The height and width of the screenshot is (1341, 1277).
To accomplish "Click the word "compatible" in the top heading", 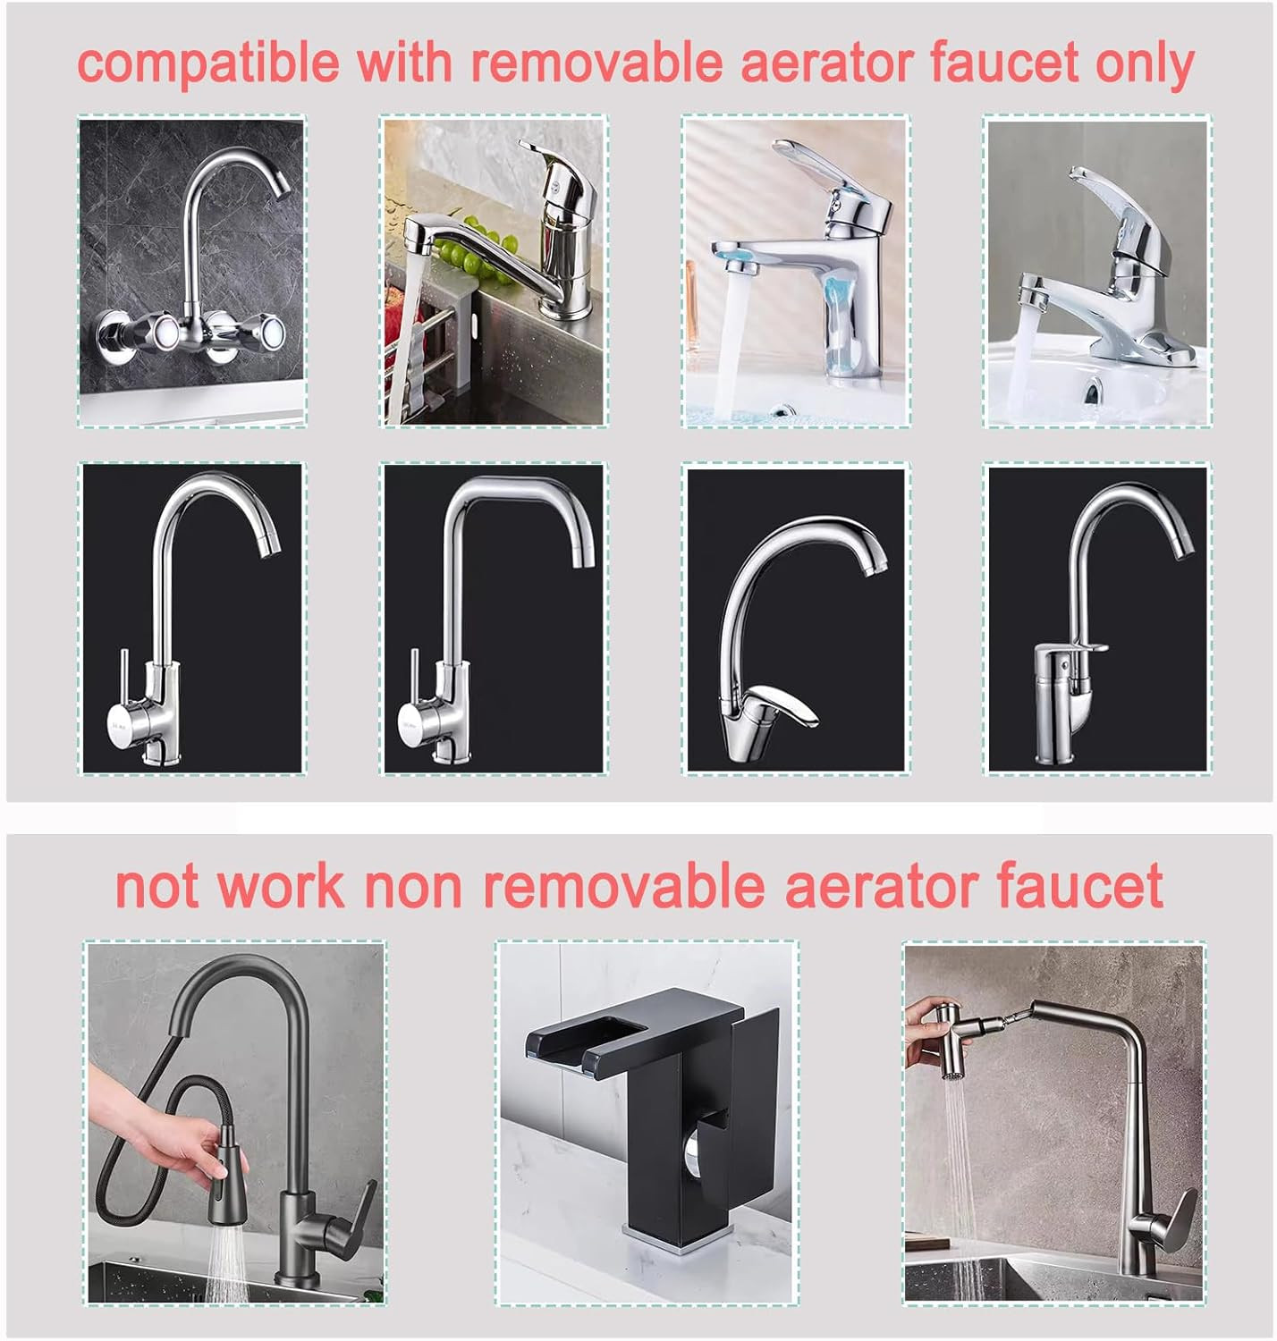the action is [x=209, y=63].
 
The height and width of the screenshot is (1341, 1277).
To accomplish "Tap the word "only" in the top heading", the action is [x=1145, y=62].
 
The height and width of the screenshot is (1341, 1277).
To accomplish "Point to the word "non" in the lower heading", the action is [x=414, y=887].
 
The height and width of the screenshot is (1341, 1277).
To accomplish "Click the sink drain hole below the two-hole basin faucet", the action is [x=1093, y=391].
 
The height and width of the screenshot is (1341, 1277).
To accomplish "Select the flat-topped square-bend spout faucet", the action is [x=487, y=620].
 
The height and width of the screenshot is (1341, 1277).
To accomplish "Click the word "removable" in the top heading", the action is [x=596, y=62].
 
